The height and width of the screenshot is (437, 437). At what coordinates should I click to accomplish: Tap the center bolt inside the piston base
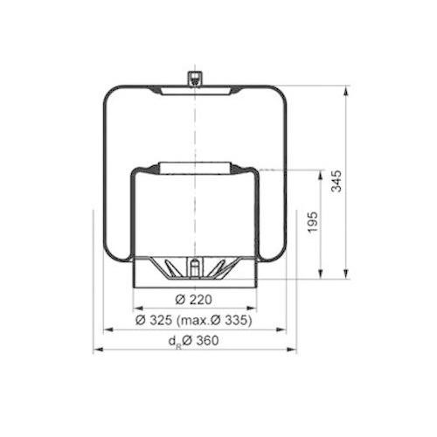click(x=195, y=268)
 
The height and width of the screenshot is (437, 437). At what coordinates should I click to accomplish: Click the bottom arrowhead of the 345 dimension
click(x=348, y=274)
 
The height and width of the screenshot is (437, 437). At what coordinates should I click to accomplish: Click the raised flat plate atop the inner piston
click(x=194, y=166)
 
